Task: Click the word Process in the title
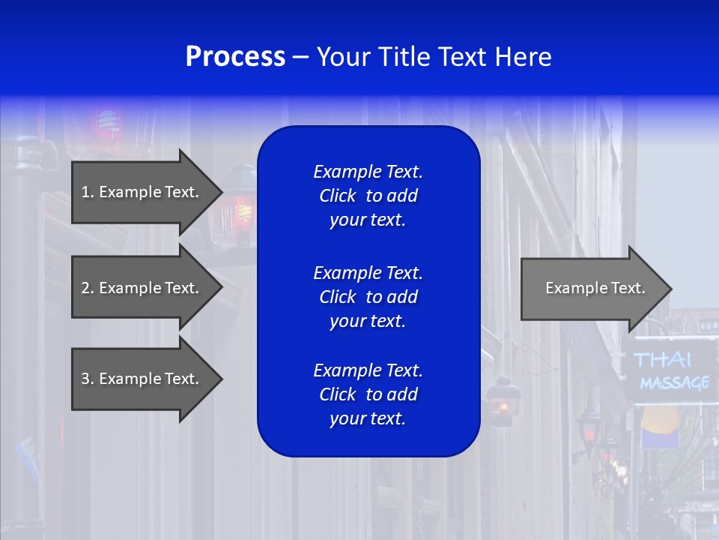click(x=235, y=57)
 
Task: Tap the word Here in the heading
click(x=523, y=57)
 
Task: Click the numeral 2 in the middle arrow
click(x=85, y=288)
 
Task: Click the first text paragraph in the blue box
click(x=368, y=196)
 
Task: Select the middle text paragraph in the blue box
click(x=368, y=297)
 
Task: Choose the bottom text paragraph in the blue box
click(x=368, y=394)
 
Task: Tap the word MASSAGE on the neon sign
click(x=674, y=383)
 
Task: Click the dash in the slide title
click(x=300, y=58)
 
